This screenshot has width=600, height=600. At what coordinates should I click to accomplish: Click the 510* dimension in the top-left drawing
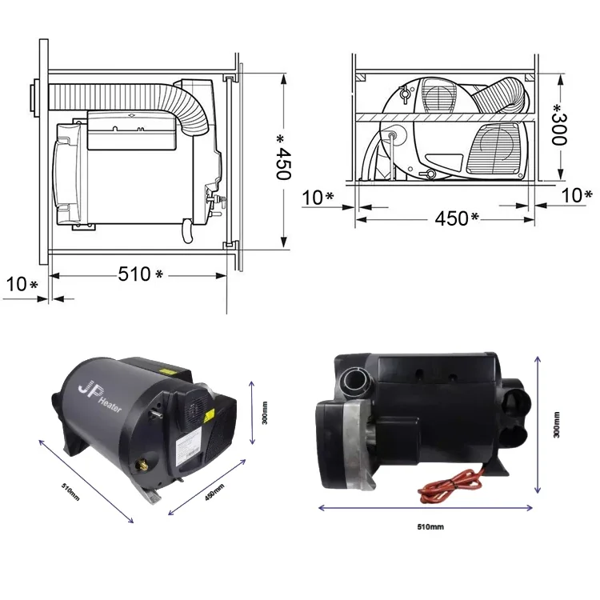pos(140,274)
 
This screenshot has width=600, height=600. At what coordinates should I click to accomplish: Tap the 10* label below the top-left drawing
pos(22,284)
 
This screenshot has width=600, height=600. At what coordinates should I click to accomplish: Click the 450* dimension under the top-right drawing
pos(457,218)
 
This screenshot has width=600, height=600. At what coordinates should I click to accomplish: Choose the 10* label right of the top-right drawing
pos(576,194)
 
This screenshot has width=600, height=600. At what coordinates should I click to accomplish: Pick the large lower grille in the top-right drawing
pos(496,148)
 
